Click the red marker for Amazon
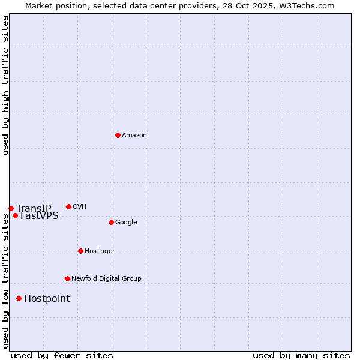[118, 135]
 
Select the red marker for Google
[111, 222]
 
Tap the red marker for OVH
[68, 206]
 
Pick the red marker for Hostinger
[80, 251]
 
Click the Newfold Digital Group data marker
[67, 278]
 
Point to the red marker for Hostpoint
[19, 298]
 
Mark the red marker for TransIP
[11, 208]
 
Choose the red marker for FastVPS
[15, 215]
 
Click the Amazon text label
[134, 136]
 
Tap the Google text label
[126, 223]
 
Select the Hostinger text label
[100, 251]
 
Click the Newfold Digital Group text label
[106, 279]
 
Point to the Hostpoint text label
[47, 299]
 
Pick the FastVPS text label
[40, 216]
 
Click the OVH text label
[80, 207]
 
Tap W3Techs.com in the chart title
[305, 6]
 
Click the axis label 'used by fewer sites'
[62, 355]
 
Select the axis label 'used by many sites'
[301, 355]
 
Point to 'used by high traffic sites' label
[6, 85]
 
